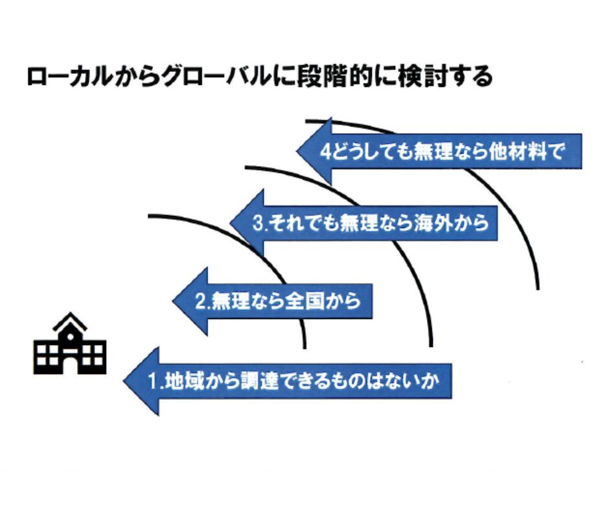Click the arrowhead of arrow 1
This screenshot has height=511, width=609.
[141, 381]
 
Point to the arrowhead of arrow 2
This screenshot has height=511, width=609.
[190, 302]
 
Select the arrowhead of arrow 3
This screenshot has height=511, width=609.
[247, 223]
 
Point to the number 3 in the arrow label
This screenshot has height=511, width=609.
[259, 223]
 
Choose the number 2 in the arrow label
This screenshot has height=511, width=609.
[200, 302]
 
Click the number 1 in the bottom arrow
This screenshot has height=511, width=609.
[154, 381]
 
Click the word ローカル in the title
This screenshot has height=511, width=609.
[69, 77]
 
